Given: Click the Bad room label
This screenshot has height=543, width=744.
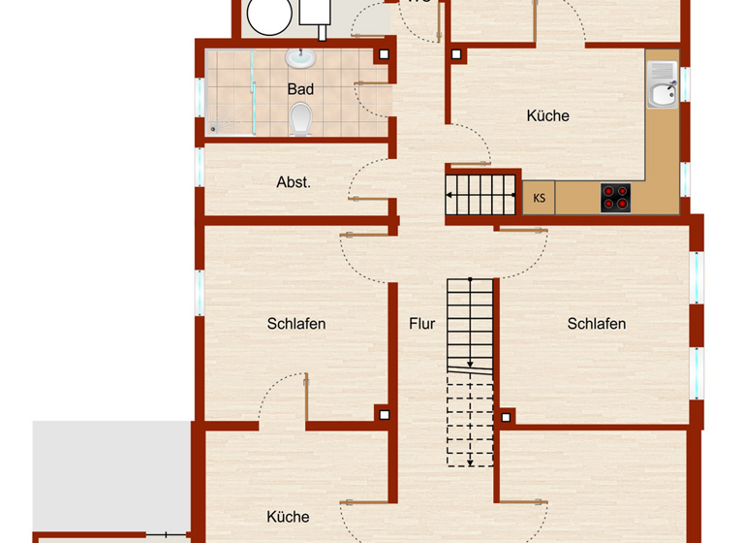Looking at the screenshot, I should pos(300,89).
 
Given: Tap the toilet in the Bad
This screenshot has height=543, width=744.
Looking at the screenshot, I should pos(300,119).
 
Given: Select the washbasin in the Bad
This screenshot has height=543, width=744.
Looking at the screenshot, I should pos(301,59).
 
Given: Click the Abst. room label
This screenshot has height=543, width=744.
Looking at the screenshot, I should pos(294,181).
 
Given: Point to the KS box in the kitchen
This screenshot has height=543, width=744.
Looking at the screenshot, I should pos(539,198).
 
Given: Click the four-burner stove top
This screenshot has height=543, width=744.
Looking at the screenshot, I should pos(615,197).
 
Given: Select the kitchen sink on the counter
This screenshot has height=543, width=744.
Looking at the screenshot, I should pos(664,83).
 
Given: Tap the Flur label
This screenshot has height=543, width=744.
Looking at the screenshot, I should pos(421,324).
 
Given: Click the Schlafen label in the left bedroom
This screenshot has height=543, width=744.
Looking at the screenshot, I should pos(296,324).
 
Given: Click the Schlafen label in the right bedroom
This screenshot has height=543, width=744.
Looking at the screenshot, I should pos(597,324).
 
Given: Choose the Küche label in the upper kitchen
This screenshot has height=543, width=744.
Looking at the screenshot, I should pos(547,115).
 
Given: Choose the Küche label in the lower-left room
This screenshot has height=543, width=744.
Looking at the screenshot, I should pos(288,517).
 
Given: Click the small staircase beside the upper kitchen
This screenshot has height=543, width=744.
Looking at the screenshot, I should pos(481,194).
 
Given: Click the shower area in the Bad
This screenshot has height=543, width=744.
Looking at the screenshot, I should pos(231,91).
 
